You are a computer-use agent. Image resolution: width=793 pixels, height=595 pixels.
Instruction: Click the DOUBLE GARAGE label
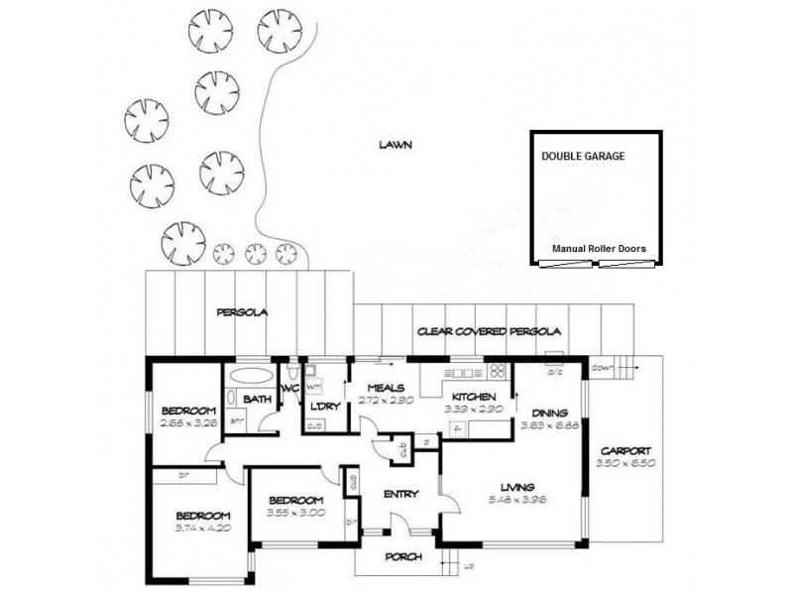click(x=583, y=156)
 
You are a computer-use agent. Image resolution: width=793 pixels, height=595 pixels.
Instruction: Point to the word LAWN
click(x=395, y=145)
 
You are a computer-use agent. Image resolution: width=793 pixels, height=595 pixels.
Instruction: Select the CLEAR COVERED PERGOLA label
click(x=490, y=331)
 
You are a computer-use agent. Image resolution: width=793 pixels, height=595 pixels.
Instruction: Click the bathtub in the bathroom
click(x=249, y=378)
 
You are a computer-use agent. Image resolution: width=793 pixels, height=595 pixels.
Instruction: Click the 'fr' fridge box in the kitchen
click(x=457, y=429)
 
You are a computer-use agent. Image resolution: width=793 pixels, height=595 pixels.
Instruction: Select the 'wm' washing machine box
click(x=313, y=385)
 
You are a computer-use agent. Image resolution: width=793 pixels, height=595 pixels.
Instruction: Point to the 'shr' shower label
click(x=237, y=420)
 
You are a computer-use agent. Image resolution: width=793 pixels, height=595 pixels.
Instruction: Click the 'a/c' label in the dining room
click(x=555, y=373)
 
